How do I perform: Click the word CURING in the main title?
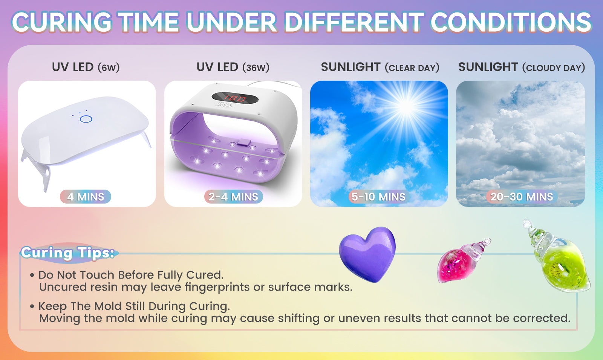point(62,22)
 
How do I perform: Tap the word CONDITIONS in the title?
point(511,22)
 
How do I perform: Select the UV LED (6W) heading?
point(86,67)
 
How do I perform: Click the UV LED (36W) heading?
point(233,67)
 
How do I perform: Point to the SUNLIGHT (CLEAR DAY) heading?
point(380,67)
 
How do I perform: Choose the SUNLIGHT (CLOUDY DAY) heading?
point(522,67)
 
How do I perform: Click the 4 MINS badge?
point(86,196)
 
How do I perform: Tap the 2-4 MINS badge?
point(233,196)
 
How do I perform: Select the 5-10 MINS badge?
point(378,196)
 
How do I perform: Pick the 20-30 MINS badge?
point(522,196)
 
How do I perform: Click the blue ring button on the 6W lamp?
point(86,119)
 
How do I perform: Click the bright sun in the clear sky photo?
point(406,106)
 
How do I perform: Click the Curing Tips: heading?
point(67,253)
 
